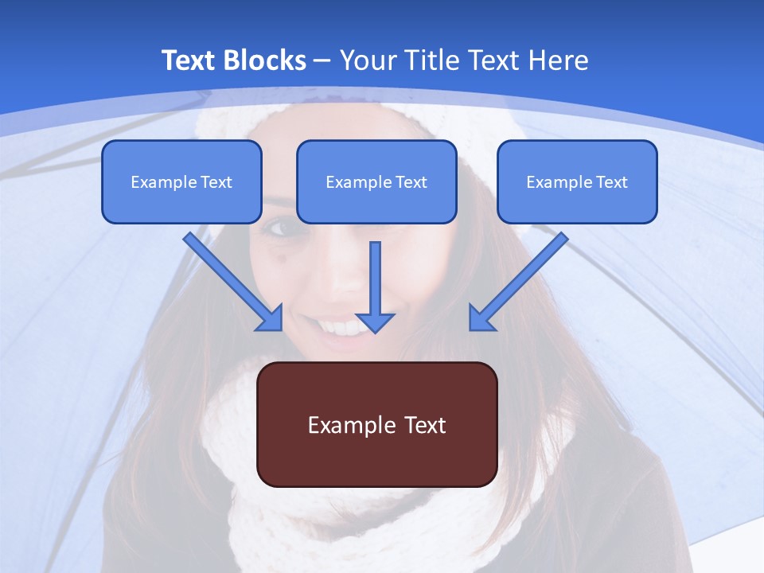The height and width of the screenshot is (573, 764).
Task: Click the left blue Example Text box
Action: coord(181,181)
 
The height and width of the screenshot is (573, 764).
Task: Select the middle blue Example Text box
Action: coord(376,181)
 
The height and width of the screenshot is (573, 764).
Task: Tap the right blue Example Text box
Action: coord(577,181)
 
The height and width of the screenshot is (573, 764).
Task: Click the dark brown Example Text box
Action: coord(377,424)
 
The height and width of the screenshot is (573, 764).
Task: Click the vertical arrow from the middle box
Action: coord(375,283)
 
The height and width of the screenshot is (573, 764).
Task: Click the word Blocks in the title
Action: coord(267,60)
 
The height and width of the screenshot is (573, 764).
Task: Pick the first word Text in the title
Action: coord(191,60)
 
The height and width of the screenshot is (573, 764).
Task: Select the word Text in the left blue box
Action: coord(216,182)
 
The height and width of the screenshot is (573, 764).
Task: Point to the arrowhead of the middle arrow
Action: coord(375,322)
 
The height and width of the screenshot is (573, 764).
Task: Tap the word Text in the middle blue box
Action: coord(411,182)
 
